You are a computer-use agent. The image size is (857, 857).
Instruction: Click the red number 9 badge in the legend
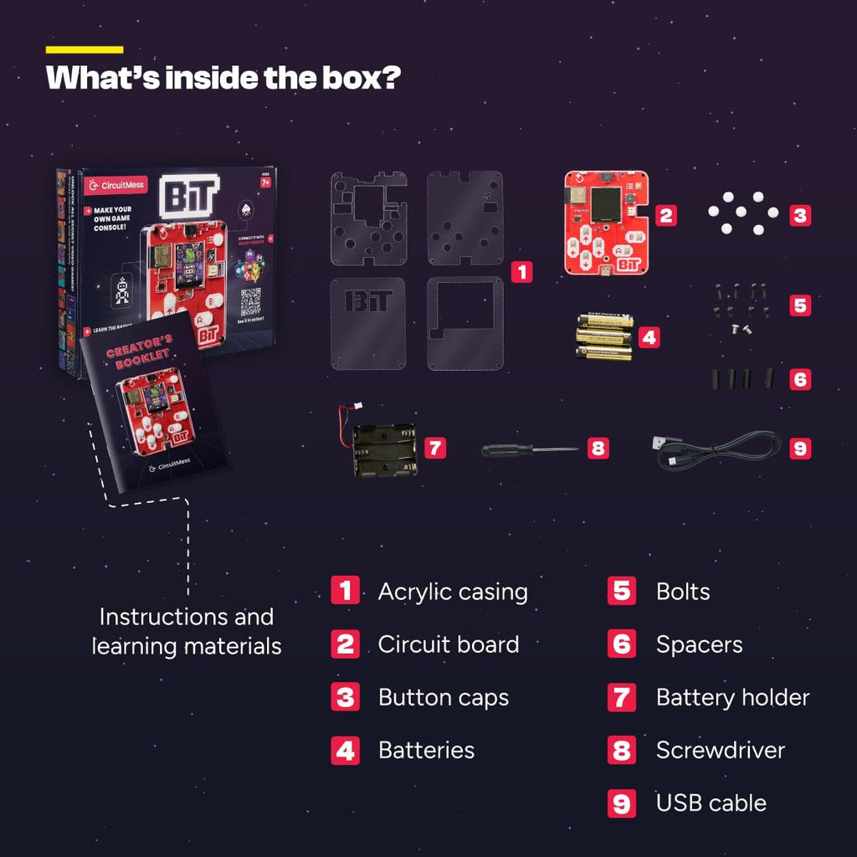(x=621, y=803)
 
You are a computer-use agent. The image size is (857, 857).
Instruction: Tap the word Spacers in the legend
(x=699, y=644)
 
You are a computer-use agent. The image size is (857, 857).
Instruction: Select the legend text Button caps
(x=443, y=697)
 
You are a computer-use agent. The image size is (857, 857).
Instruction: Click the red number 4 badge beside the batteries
(x=649, y=338)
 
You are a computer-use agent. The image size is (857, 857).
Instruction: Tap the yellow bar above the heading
(x=85, y=50)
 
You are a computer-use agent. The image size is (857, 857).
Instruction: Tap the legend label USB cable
(x=711, y=803)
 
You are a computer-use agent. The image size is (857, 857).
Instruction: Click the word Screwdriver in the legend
(x=720, y=750)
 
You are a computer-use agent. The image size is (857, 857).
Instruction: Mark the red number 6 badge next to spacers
(x=800, y=379)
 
